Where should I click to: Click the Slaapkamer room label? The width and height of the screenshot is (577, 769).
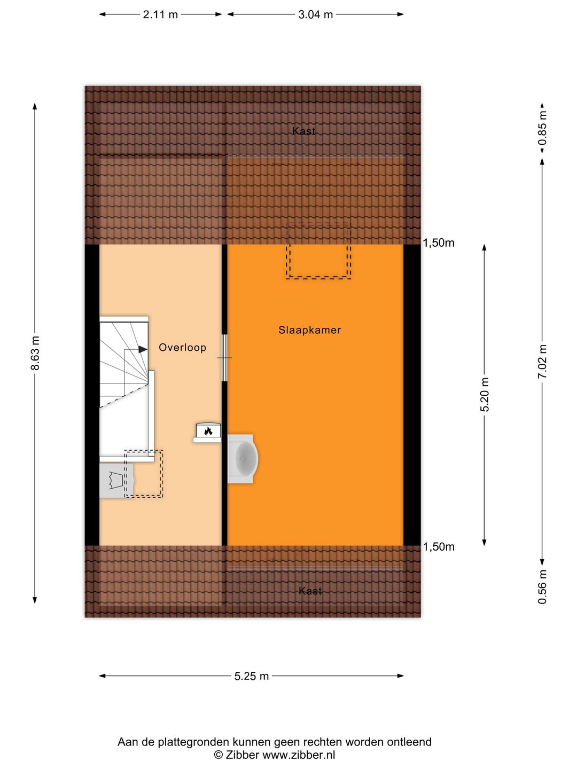tap(309, 330)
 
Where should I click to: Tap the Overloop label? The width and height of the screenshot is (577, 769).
tap(182, 348)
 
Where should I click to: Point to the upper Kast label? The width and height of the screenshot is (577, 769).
tap(303, 131)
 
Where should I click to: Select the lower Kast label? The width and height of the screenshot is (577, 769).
tap(310, 591)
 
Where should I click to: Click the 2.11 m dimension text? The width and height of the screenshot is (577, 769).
tap(160, 14)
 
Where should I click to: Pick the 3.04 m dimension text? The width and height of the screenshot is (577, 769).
tap(315, 14)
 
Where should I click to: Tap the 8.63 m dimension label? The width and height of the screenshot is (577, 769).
tap(35, 354)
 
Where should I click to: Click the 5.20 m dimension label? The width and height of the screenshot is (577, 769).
tap(485, 395)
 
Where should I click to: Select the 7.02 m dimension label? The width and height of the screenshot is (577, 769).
tap(542, 362)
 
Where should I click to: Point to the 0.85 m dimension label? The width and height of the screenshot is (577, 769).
tap(542, 128)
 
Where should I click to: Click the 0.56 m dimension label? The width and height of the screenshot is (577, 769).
tap(542, 586)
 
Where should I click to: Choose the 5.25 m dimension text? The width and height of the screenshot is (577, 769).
tap(251, 676)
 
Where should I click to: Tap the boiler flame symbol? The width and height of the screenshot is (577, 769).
tap(208, 431)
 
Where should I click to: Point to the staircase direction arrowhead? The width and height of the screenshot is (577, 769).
tap(143, 349)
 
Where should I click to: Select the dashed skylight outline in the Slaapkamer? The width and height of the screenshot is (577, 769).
tap(318, 251)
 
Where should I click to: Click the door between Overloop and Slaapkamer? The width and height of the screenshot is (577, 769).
tap(225, 358)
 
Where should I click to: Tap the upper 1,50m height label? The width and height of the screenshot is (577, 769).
tap(439, 243)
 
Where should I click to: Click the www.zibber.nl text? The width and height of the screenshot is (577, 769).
tap(299, 755)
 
